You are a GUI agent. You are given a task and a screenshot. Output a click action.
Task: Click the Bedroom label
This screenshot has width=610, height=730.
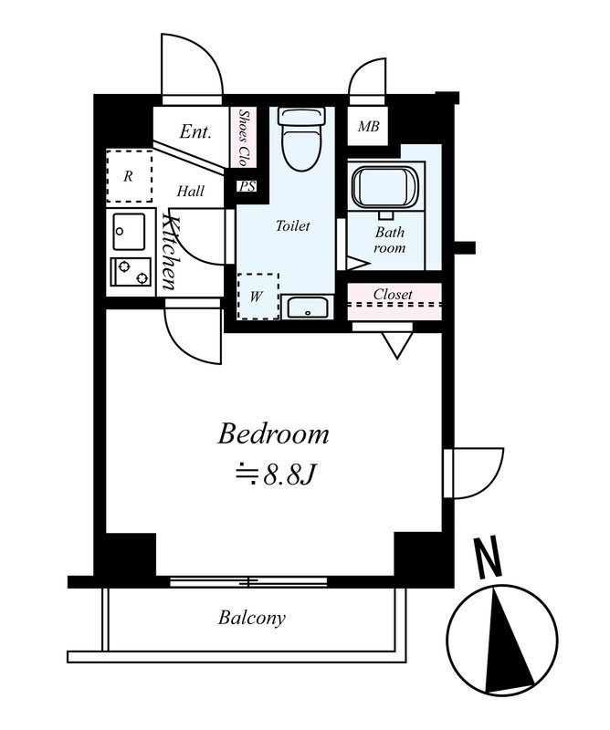click(274, 434)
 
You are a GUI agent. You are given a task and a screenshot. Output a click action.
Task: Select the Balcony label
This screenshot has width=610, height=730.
click(252, 619)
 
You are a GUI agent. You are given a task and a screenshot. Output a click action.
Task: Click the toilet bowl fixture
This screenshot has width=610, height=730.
click(301, 139)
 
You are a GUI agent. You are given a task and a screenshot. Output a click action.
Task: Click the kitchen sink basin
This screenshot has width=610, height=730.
click(129, 232)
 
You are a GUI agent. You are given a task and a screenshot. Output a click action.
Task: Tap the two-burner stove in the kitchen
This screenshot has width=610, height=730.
click(131, 272)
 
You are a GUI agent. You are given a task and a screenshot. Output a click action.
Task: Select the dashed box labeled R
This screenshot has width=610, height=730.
click(130, 176)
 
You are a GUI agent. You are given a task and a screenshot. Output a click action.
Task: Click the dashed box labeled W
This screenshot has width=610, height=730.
click(258, 296)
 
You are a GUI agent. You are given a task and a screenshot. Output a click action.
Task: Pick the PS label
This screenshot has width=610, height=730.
click(247, 187)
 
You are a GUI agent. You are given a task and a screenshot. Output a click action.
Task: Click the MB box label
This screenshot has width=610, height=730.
click(368, 126)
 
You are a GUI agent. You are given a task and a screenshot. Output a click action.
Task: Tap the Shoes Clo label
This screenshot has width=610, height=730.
click(243, 138)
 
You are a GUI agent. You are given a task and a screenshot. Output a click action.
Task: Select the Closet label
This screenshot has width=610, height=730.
click(393, 294)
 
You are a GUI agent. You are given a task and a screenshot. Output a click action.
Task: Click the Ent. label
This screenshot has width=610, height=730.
click(195, 131)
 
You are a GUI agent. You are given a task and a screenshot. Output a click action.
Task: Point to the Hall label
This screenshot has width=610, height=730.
click(191, 191)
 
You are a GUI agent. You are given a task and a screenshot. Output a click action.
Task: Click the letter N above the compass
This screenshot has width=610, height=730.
click(488, 557)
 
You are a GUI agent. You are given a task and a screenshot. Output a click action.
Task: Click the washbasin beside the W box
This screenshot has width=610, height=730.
click(307, 308)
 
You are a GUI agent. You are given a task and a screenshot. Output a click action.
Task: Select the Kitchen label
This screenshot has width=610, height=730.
click(171, 252)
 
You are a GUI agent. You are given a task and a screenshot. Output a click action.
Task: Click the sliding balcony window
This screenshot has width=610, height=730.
click(249, 581)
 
